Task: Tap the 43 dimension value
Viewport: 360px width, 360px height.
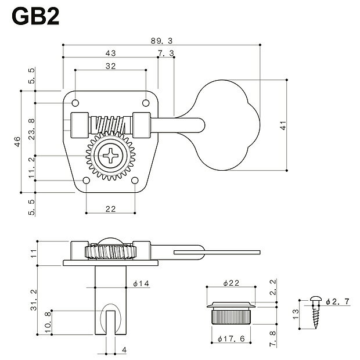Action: [x=110, y=53]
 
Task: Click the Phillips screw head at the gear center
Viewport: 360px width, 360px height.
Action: [x=109, y=157]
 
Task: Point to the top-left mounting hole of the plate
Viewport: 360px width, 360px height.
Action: [x=75, y=103]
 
